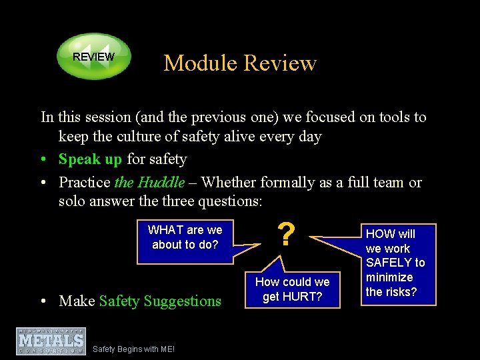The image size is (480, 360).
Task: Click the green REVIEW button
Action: pyautogui.click(x=93, y=57)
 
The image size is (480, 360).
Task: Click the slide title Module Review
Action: pyautogui.click(x=240, y=63)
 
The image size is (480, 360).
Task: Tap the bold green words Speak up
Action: pyautogui.click(x=90, y=159)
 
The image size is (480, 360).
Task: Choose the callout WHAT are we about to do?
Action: pyautogui.click(x=185, y=237)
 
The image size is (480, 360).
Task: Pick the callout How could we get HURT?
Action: pyautogui.click(x=292, y=289)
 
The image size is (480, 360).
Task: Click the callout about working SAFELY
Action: pyautogui.click(x=395, y=263)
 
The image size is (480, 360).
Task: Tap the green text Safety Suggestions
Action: pyautogui.click(x=160, y=301)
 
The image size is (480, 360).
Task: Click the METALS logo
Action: pyautogui.click(x=51, y=341)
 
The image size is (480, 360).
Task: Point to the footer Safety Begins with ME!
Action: pyautogui.click(x=133, y=349)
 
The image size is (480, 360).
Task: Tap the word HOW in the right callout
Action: pyautogui.click(x=381, y=234)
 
